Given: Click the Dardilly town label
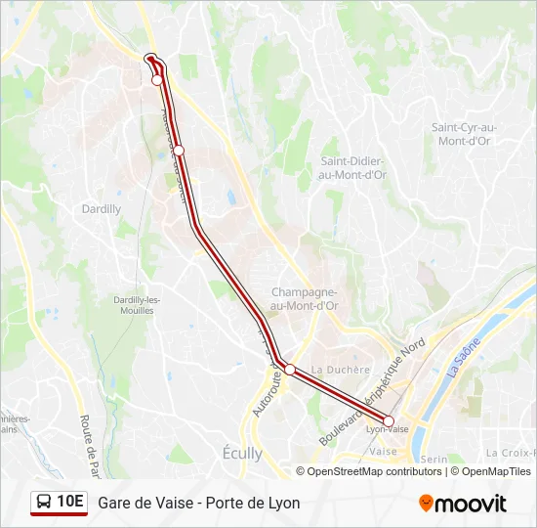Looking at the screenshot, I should [x=103, y=209].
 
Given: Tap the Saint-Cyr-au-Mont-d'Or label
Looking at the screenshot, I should [x=464, y=134].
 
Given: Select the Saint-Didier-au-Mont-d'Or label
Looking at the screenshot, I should [x=352, y=167].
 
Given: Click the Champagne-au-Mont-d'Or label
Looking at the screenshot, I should [x=305, y=298].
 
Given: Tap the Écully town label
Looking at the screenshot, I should [x=242, y=454].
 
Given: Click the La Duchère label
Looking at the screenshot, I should [x=341, y=370].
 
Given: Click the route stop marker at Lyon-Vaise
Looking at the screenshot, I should [x=389, y=421].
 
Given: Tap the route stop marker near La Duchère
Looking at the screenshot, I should [x=290, y=369].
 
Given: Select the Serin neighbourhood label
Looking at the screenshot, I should [x=435, y=458].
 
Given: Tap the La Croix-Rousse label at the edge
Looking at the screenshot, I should [x=510, y=453].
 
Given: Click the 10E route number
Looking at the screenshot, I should [x=70, y=502].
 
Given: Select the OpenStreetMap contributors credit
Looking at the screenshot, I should [x=374, y=471].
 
